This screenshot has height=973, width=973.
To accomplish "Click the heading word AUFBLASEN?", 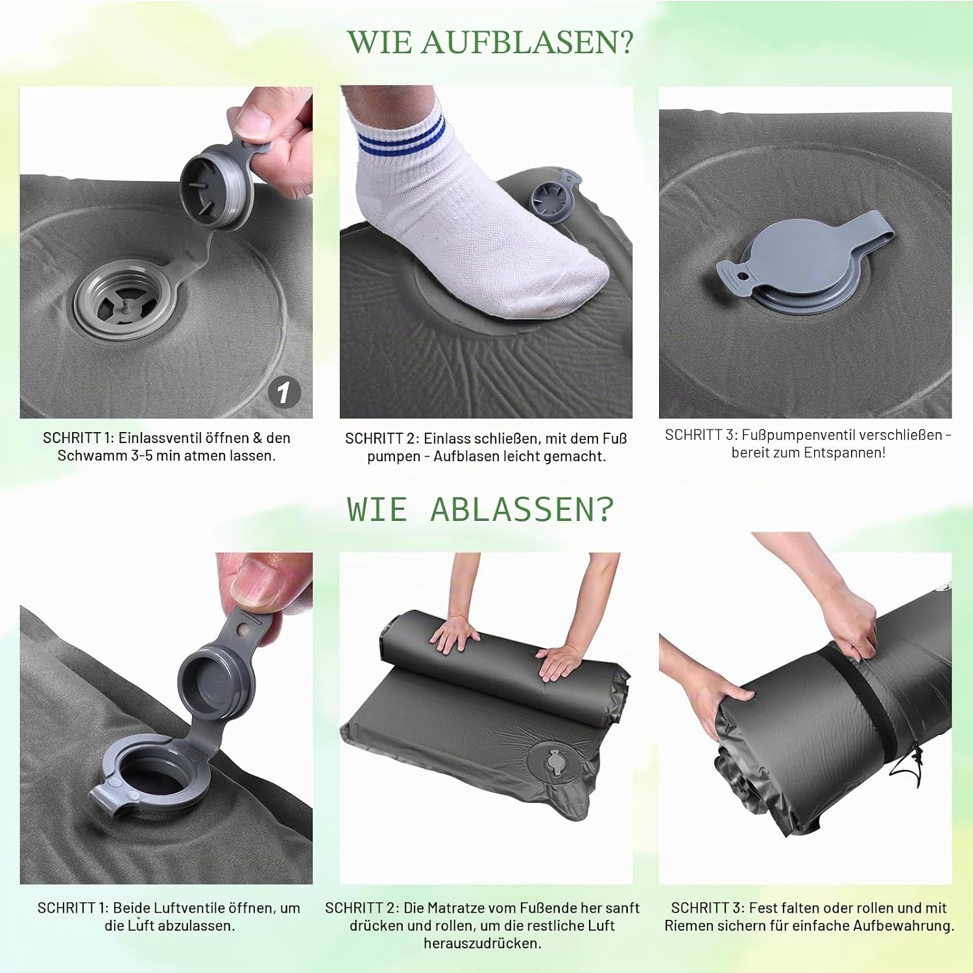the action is click(527, 42).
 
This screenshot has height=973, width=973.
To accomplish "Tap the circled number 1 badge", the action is click(283, 392).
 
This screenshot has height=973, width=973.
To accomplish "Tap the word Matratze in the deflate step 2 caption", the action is click(454, 908).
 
